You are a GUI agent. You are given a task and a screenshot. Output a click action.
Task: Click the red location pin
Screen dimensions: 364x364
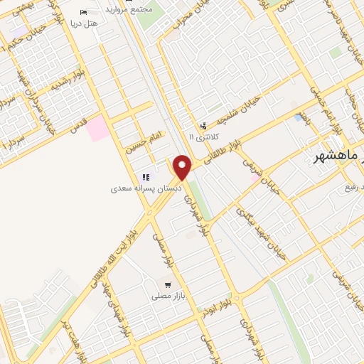183,168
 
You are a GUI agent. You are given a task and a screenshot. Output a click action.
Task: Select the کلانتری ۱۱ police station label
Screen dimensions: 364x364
207,136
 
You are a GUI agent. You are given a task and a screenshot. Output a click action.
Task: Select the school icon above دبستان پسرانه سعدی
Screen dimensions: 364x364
146,177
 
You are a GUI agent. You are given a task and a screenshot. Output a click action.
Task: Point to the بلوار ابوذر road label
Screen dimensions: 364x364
216,315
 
